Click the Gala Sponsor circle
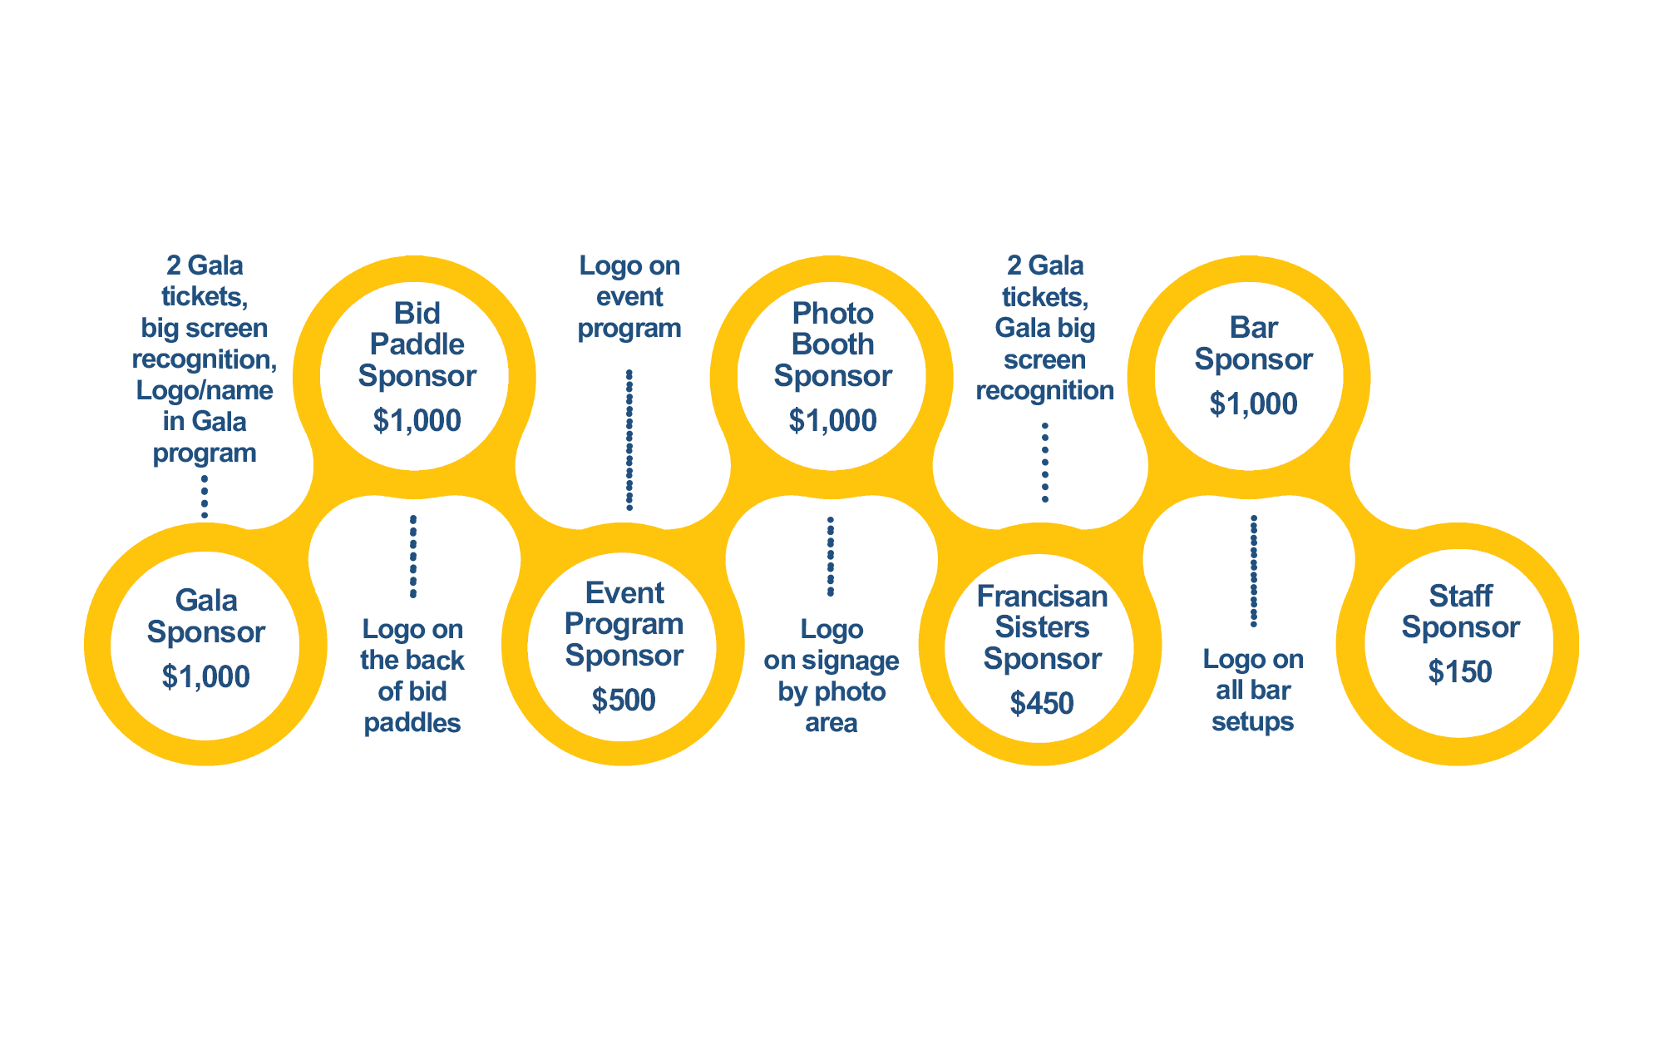(x=205, y=646)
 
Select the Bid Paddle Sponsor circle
(x=414, y=376)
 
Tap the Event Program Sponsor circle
(x=622, y=646)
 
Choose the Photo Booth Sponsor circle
(x=831, y=376)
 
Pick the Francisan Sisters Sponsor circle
(x=1039, y=648)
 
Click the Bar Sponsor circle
(x=1249, y=376)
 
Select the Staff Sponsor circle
(x=1458, y=643)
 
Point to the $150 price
(x=1460, y=672)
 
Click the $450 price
(x=1042, y=704)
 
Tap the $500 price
(x=624, y=701)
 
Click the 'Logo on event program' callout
(x=629, y=297)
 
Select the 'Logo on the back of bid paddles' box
(x=412, y=676)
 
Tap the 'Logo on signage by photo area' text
(x=831, y=676)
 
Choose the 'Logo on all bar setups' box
(x=1253, y=691)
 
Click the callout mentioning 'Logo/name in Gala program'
(x=205, y=360)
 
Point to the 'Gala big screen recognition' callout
(x=1045, y=329)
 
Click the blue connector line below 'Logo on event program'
(x=629, y=439)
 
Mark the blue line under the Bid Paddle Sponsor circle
(x=412, y=556)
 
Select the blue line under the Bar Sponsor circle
(x=1253, y=570)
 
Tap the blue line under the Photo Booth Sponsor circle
(x=830, y=556)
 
